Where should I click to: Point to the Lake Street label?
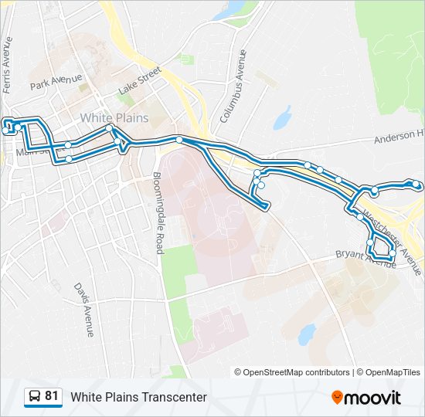(139, 81)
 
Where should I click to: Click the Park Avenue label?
(56, 83)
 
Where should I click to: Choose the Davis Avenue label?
(83, 309)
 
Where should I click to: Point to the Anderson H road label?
(399, 137)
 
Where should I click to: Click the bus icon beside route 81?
(34, 397)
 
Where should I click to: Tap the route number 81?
(52, 396)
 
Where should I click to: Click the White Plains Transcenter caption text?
(139, 397)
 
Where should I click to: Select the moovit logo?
(366, 398)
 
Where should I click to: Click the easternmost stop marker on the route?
(417, 185)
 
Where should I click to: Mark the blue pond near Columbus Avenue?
(281, 117)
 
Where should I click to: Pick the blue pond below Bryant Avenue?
(307, 333)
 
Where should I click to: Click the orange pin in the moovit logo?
(337, 398)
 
